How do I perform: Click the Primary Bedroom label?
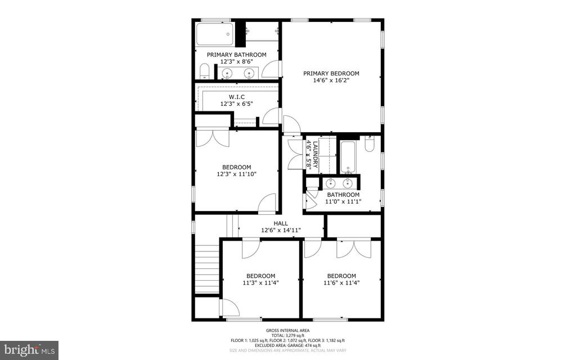(x=331, y=73)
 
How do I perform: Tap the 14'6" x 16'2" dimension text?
(x=331, y=80)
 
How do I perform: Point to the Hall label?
(x=281, y=223)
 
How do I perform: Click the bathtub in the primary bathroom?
(x=214, y=34)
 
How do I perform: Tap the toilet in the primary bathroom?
(x=205, y=71)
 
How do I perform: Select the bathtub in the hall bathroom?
(x=348, y=157)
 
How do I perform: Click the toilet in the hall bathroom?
(x=370, y=145)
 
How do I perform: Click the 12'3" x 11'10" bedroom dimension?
(x=236, y=174)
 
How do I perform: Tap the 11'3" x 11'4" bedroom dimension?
(x=260, y=283)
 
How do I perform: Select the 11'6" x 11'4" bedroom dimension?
(x=341, y=283)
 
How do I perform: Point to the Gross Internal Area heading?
(x=288, y=330)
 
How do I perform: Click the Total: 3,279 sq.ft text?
(x=288, y=335)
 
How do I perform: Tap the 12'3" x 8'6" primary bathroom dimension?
(x=236, y=62)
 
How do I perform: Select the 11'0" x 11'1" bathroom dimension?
(x=343, y=201)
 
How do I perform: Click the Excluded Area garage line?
(x=288, y=345)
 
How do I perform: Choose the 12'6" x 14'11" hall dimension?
(x=281, y=230)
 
